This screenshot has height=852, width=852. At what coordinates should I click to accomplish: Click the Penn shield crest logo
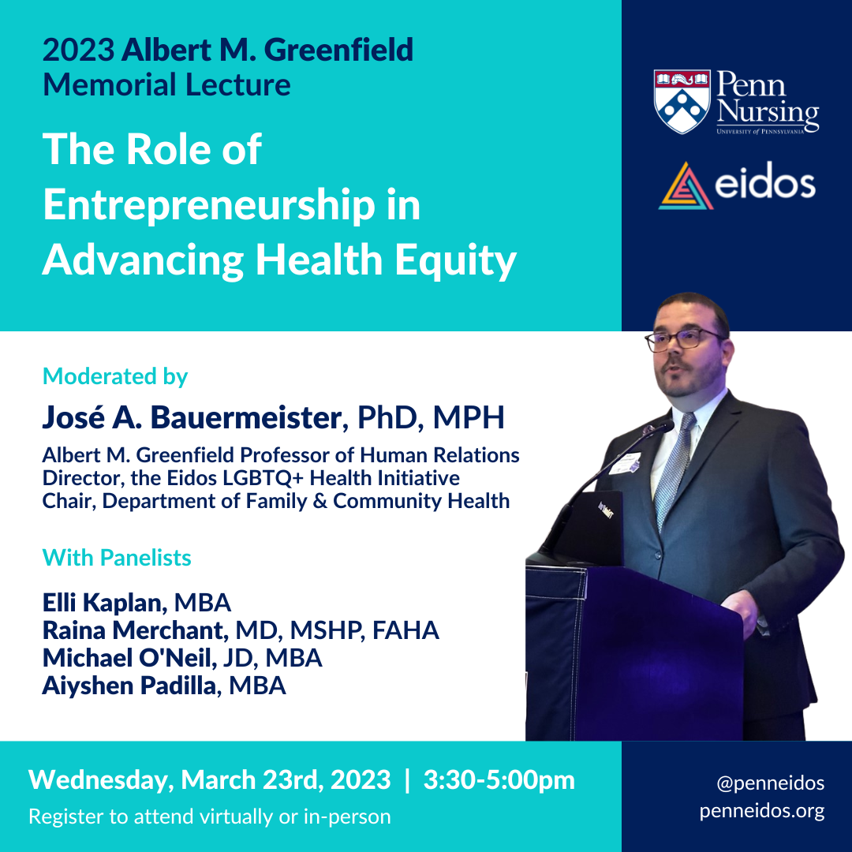pyautogui.click(x=682, y=101)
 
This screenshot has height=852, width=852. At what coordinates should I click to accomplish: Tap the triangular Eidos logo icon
pyautogui.click(x=686, y=186)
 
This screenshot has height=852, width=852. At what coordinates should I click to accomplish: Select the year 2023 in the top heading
pyautogui.click(x=78, y=50)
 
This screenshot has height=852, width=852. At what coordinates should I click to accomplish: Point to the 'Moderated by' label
pyautogui.click(x=115, y=376)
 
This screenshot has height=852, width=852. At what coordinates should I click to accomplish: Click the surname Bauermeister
pyautogui.click(x=246, y=418)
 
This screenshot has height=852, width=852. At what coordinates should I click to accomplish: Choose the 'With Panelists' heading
pyautogui.click(x=117, y=558)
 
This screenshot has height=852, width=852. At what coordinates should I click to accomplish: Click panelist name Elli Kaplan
pyautogui.click(x=103, y=603)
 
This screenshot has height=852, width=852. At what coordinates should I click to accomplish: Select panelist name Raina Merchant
pyautogui.click(x=133, y=630)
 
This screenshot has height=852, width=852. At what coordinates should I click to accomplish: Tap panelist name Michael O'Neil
pyautogui.click(x=127, y=658)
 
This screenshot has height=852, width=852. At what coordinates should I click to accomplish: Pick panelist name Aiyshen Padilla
pyautogui.click(x=130, y=686)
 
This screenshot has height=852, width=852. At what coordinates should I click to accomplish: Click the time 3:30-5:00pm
pyautogui.click(x=499, y=780)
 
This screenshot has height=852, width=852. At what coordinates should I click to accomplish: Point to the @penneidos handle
pyautogui.click(x=771, y=783)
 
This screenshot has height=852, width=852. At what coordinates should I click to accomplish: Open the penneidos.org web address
pyautogui.click(x=762, y=811)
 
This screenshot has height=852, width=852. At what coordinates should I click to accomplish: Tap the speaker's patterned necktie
pyautogui.click(x=673, y=468)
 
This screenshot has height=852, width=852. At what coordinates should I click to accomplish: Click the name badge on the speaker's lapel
pyautogui.click(x=626, y=462)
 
